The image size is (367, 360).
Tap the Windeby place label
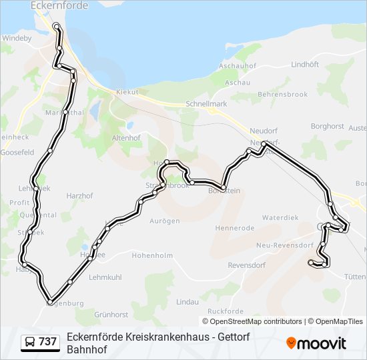(17, 39)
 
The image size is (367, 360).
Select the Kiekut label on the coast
(127, 92)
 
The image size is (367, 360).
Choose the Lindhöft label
(306, 64)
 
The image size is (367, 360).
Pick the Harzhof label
(81, 196)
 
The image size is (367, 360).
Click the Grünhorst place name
(111, 314)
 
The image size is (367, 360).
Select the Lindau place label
(187, 302)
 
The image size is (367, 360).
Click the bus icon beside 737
(30, 343)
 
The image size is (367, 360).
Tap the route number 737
(47, 343)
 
